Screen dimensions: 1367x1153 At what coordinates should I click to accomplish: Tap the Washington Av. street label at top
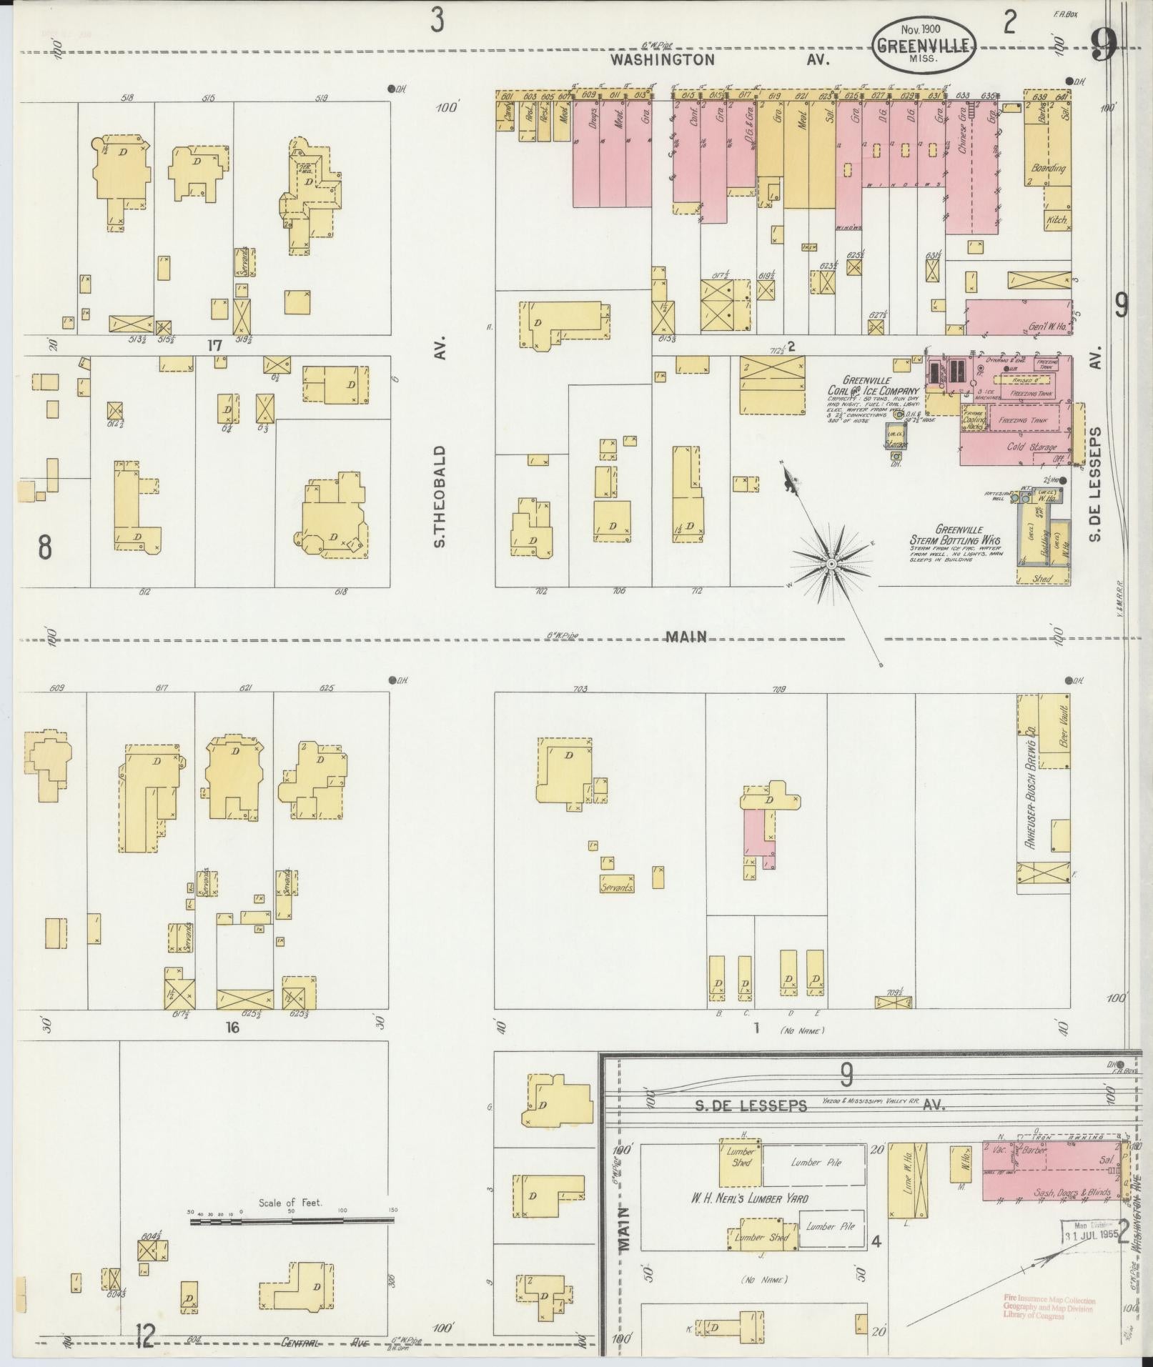point(719,60)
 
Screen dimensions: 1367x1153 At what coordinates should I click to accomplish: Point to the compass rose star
point(831,564)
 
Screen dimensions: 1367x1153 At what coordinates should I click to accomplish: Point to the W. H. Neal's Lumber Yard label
point(748,1198)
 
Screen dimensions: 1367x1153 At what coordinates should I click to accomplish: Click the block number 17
point(215,346)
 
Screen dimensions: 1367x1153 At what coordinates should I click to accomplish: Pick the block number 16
point(232,1028)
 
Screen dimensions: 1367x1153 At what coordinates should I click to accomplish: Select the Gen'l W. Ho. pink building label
point(1047,327)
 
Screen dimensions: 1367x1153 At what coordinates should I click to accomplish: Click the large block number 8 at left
point(44,547)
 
